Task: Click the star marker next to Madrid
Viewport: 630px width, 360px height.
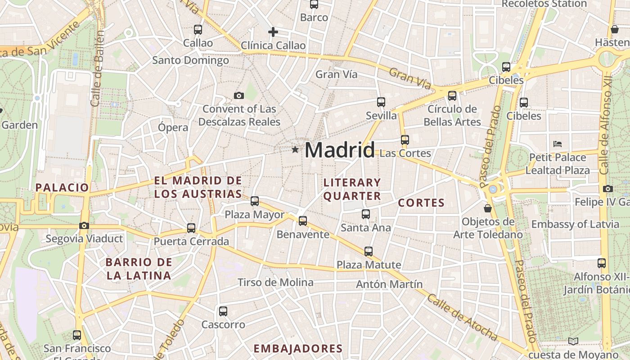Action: point(295,149)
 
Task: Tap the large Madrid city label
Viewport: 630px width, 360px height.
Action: point(340,150)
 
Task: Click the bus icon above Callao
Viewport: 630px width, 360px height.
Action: point(198,30)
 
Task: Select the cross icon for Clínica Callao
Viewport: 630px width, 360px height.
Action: point(273,32)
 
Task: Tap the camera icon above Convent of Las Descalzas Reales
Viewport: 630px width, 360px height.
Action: point(239,95)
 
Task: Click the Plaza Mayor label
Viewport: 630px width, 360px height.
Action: point(255,215)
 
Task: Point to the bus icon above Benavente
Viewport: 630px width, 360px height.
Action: point(303,221)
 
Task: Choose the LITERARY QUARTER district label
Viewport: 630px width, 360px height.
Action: point(352,189)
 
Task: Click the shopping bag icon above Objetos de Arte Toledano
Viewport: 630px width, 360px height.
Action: point(487,208)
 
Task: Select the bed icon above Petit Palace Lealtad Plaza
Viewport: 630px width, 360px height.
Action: point(558,144)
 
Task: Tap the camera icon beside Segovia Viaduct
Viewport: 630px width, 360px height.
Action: point(84,226)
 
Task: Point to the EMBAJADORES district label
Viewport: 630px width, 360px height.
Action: point(298,348)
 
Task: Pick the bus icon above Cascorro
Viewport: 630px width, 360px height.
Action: point(223,311)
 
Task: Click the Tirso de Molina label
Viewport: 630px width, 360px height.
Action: point(275,283)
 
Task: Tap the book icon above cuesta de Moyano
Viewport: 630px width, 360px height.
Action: point(573,341)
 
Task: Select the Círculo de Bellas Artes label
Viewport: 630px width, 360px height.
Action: point(452,116)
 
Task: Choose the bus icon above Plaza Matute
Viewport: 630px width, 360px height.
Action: point(369,252)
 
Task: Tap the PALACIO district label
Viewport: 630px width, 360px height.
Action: point(63,188)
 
